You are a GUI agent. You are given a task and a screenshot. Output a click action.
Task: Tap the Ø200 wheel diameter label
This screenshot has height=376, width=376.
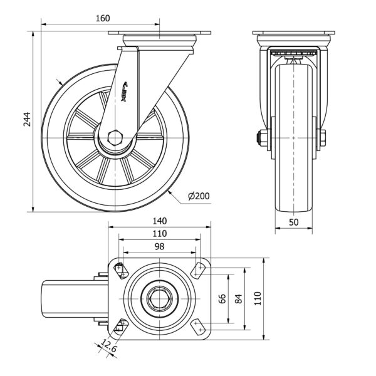click(x=199, y=196)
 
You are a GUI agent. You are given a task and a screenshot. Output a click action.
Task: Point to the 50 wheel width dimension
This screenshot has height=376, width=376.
click(x=293, y=221)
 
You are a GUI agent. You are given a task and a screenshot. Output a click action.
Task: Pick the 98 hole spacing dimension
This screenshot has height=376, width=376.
click(x=160, y=246)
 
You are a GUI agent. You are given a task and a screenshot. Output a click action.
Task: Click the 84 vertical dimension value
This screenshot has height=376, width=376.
click(x=238, y=299)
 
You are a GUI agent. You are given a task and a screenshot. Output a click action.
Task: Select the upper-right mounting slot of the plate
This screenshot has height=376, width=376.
click(x=199, y=270)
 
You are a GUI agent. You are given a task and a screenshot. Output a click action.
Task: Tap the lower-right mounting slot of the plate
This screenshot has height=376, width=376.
click(x=199, y=326)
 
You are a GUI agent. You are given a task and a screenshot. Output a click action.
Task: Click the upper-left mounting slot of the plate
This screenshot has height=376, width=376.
click(x=120, y=270)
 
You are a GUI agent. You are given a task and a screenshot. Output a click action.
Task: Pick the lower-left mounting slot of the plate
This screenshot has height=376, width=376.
click(x=120, y=326)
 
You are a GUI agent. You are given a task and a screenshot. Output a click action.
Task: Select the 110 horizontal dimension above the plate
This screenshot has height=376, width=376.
click(x=160, y=233)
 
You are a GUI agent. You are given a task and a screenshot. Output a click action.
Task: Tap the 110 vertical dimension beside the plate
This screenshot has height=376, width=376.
click(x=258, y=299)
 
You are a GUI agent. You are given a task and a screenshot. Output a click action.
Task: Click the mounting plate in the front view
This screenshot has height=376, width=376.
click(x=294, y=33)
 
